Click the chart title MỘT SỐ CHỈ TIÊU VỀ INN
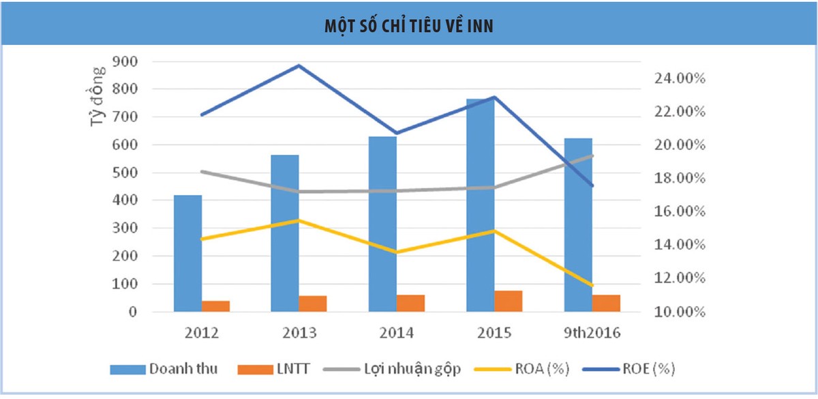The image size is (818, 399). pyautogui.click(x=408, y=25)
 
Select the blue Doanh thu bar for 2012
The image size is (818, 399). pyautogui.click(x=187, y=253)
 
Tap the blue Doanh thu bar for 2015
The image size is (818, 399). pyautogui.click(x=480, y=205)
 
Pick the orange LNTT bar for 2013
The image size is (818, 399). pyautogui.click(x=313, y=304)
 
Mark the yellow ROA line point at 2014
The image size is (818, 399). pyautogui.click(x=396, y=252)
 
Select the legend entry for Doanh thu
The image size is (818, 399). pyautogui.click(x=164, y=369)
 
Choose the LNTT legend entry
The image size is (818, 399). pyautogui.click(x=273, y=369)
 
